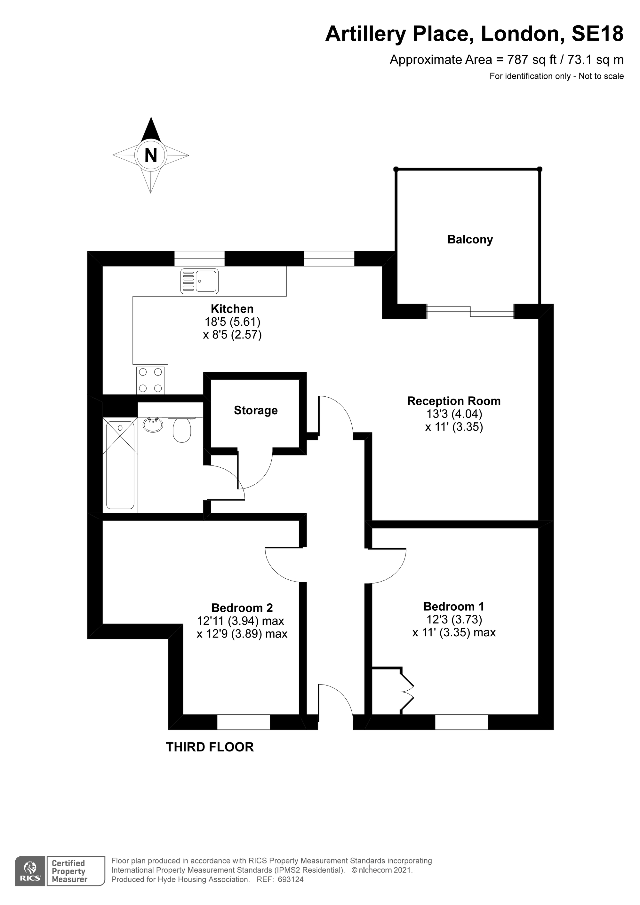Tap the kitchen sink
(200, 281)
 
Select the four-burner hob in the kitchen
(150, 380)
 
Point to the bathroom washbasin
(153, 425)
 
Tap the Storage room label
(256, 410)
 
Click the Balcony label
(470, 240)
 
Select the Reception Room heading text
(454, 401)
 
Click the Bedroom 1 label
(454, 606)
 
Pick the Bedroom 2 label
(242, 608)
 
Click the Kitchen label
(232, 309)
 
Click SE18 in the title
(598, 34)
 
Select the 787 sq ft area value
(532, 60)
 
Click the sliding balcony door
(470, 311)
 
